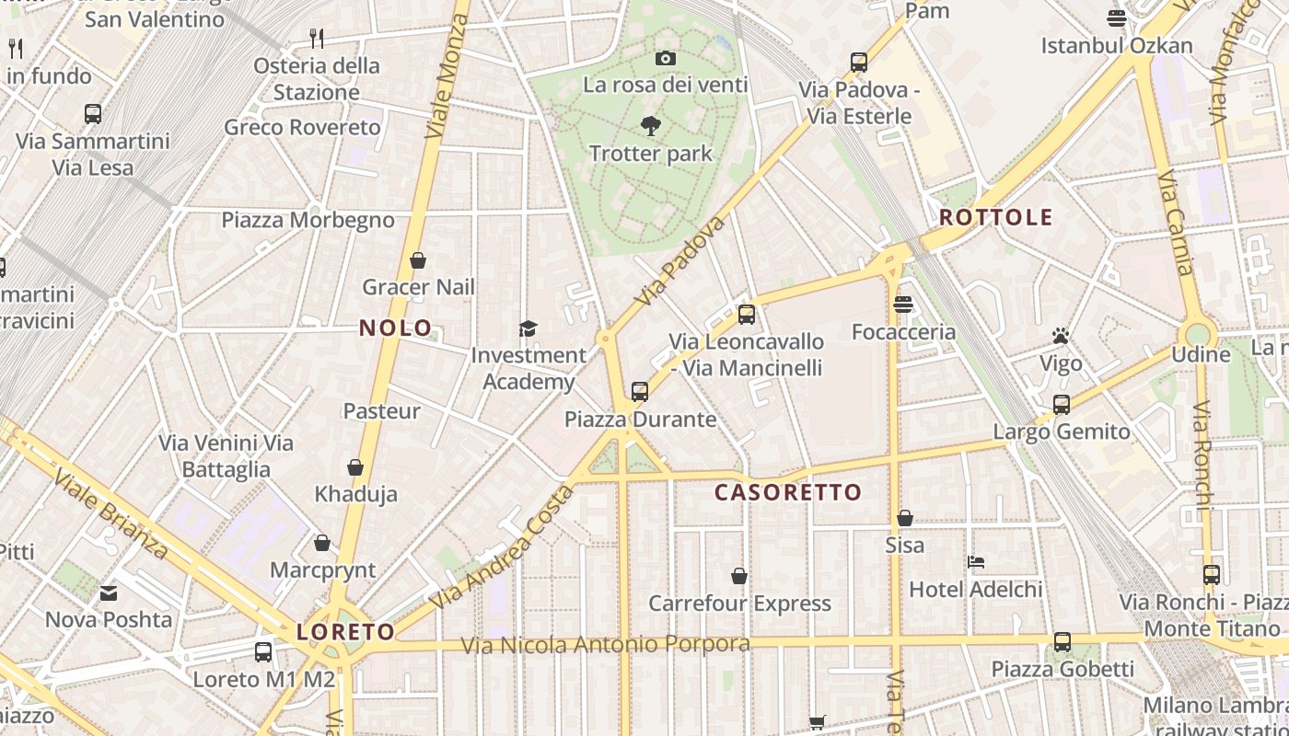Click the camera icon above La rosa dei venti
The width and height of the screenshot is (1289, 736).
point(665,58)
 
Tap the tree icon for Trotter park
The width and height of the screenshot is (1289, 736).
point(651,126)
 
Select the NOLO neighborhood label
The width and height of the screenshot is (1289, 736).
point(396,328)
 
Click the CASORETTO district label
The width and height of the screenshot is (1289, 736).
point(788,492)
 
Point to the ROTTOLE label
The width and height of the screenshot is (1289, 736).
point(995,218)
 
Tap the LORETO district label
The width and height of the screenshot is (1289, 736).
point(345,632)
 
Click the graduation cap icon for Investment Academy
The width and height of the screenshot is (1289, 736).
point(528,328)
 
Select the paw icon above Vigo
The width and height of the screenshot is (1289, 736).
point(1061,336)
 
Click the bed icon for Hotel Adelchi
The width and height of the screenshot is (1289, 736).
point(976,562)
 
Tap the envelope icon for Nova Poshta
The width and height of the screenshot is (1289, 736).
point(109,593)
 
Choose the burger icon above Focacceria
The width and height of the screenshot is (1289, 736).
point(902,305)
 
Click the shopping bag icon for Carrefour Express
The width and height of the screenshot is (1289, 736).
point(739,577)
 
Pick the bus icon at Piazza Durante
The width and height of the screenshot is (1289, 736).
point(640,392)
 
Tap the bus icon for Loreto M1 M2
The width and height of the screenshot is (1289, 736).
point(263,652)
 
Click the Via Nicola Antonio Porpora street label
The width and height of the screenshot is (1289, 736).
point(606,645)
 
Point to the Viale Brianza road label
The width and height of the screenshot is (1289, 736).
point(110,515)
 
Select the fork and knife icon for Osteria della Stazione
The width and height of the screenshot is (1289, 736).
point(317,38)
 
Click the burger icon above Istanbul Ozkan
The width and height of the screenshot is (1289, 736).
point(1117,18)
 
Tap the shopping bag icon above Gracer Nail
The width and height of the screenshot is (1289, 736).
point(418,260)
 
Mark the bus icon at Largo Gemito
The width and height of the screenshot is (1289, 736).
point(1062,405)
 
